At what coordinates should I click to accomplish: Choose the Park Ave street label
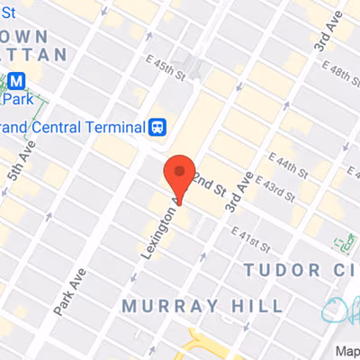68,290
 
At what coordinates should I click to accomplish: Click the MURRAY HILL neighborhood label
202,306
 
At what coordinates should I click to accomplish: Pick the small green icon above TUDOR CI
343,243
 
